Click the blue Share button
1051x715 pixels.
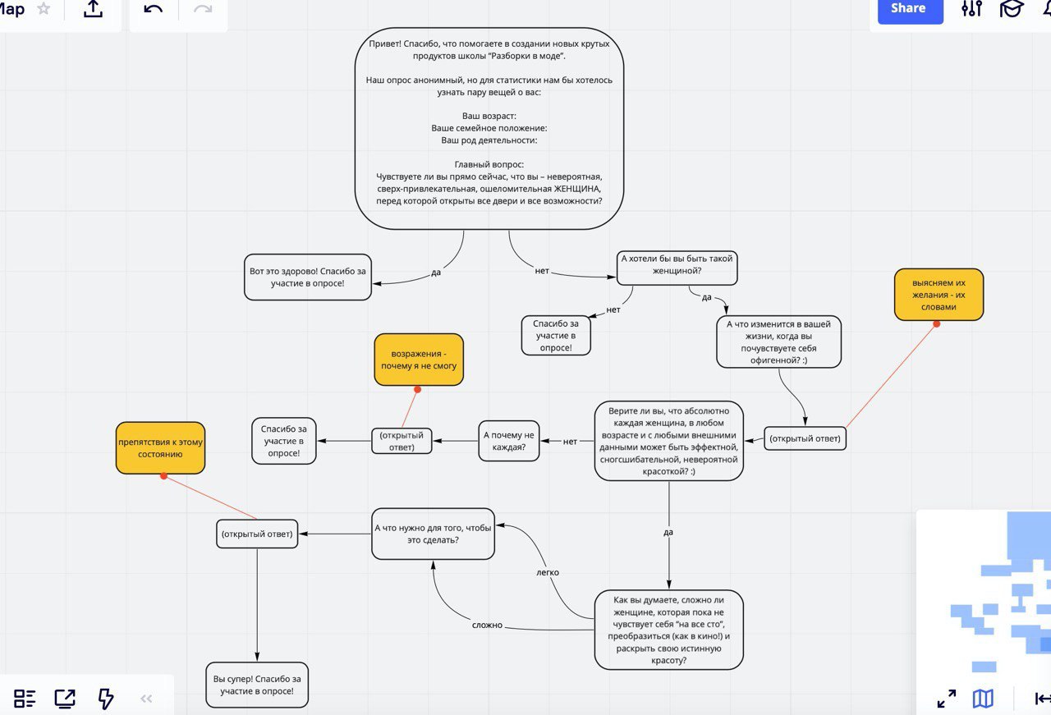(x=910, y=9)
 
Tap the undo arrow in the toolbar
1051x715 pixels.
(x=154, y=9)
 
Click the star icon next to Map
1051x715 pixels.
(x=44, y=8)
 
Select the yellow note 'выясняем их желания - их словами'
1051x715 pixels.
(x=939, y=295)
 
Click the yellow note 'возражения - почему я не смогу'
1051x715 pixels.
(x=419, y=360)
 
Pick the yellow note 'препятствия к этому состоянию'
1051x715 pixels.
(x=160, y=447)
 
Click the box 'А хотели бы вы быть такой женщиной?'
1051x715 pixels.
(x=677, y=268)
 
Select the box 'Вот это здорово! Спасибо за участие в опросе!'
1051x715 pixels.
(x=308, y=277)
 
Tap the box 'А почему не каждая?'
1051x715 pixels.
(x=508, y=441)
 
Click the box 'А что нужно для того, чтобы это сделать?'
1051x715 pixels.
(x=433, y=534)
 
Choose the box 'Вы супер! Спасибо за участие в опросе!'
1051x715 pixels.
(x=257, y=685)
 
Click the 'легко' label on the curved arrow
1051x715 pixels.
(x=548, y=572)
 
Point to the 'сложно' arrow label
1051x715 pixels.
(x=487, y=625)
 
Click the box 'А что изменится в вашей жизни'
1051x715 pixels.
(x=778, y=341)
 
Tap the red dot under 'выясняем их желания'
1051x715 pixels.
(x=937, y=323)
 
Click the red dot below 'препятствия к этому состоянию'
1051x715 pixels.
(x=163, y=476)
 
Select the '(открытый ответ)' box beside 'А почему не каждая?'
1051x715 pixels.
(x=402, y=441)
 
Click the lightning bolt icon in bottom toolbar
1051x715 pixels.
(x=106, y=699)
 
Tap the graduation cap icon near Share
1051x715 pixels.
(x=1011, y=8)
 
